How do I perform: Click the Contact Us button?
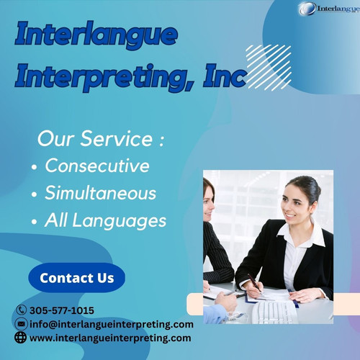(x=76, y=278)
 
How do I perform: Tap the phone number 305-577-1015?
(x=62, y=310)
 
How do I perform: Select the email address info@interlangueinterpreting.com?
(x=112, y=324)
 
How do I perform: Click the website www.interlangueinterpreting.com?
(x=110, y=338)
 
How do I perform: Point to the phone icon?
(x=21, y=310)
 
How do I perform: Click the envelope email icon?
(x=21, y=324)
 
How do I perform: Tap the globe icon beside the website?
(x=21, y=338)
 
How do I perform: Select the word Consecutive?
(x=97, y=166)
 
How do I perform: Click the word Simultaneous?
(x=100, y=193)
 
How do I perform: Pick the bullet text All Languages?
(x=105, y=220)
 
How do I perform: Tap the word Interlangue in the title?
(x=96, y=35)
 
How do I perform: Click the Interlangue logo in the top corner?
(x=328, y=9)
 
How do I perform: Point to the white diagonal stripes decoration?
(x=268, y=67)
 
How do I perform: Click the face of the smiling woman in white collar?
(x=297, y=204)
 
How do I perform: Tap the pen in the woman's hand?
(x=254, y=284)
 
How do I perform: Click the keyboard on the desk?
(x=274, y=310)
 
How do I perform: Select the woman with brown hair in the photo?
(x=213, y=230)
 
